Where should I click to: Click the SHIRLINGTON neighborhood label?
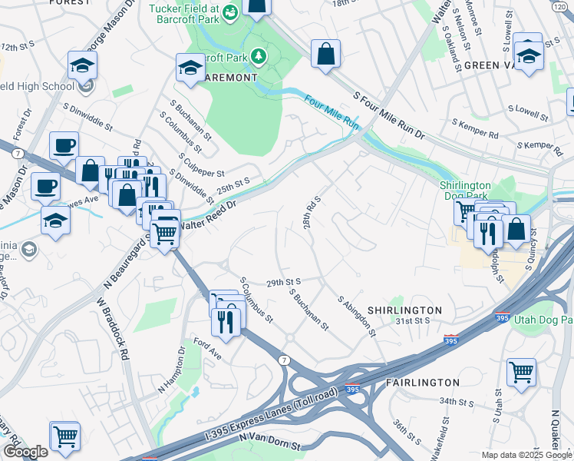404,310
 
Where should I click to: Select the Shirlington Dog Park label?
465,185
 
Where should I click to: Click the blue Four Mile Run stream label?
332,111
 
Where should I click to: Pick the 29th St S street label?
282,283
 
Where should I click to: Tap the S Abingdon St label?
357,316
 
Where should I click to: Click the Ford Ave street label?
206,348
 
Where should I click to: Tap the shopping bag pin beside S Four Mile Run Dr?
325,54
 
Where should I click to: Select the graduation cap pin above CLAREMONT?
190,68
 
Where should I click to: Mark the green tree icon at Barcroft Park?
259,55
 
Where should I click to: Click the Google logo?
25,452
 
